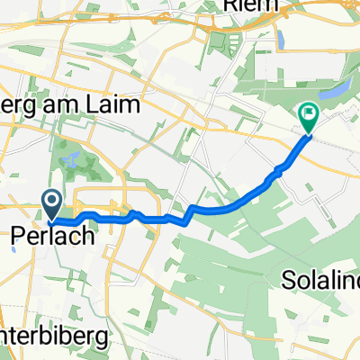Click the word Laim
coord(113,105)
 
